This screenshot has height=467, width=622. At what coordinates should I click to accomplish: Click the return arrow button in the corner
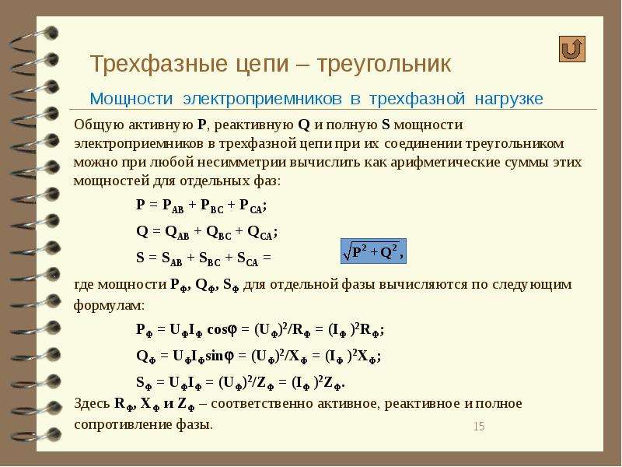click(x=572, y=49)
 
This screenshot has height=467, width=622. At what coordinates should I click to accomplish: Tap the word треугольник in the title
click(x=384, y=64)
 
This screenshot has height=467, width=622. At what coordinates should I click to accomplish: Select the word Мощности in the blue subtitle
click(x=131, y=99)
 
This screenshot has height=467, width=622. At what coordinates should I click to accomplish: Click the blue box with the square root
click(x=373, y=251)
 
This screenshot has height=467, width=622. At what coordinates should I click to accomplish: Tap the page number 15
click(x=479, y=427)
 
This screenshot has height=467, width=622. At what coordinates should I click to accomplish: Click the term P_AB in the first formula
click(x=173, y=205)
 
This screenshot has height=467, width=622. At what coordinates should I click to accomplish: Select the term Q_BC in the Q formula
click(x=218, y=233)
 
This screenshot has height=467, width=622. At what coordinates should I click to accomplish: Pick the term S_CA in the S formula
click(x=247, y=259)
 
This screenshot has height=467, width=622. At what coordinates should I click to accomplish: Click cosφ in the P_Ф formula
click(x=222, y=329)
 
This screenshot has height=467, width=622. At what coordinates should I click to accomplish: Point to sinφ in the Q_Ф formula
click(x=219, y=356)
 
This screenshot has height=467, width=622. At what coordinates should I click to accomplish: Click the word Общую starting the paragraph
click(x=99, y=125)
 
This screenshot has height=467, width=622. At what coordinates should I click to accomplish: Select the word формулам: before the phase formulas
click(x=110, y=306)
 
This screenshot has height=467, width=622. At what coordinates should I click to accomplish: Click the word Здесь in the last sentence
click(x=92, y=404)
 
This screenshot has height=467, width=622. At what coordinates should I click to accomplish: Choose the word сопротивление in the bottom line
click(x=123, y=425)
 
